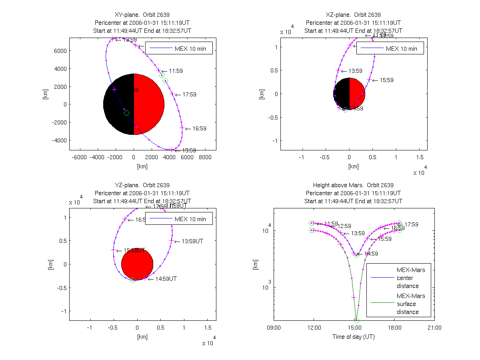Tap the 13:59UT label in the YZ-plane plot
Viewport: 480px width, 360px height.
192,242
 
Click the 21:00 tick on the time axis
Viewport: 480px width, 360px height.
434,328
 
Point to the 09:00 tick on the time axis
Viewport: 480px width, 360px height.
274,328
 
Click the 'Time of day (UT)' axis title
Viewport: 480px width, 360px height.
354,337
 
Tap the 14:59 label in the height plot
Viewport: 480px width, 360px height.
370,254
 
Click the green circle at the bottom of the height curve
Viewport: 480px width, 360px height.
356,320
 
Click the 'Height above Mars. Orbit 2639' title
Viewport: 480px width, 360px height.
354,185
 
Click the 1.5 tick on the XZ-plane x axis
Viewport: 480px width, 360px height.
420,158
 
